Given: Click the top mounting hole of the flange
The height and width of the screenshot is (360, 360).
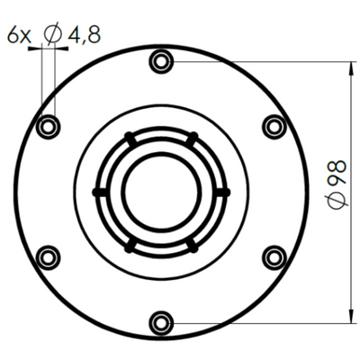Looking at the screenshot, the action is click(x=161, y=61).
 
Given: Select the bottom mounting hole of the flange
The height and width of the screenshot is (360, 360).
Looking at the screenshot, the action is click(x=161, y=323).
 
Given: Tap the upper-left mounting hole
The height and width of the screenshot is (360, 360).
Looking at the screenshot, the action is click(x=48, y=127).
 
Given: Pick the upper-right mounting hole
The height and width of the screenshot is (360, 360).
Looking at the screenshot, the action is click(x=274, y=127).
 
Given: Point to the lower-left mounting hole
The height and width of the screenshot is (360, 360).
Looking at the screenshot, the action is click(x=48, y=257).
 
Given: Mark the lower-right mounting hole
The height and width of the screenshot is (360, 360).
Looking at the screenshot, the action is click(x=274, y=257).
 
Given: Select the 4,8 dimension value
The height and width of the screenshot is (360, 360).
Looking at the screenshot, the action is click(x=85, y=34).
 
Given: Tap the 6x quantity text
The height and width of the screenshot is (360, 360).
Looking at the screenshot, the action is click(x=19, y=35).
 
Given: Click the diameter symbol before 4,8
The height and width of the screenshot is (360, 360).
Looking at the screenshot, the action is click(x=53, y=34).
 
